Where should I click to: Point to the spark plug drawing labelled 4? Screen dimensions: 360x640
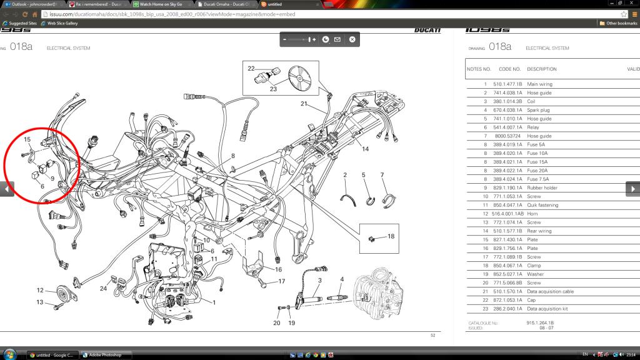[x=337, y=299]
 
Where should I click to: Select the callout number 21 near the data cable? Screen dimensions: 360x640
[x=304, y=104]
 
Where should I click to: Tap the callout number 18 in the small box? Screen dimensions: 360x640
[x=391, y=236]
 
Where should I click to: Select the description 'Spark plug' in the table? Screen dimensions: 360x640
[x=539, y=110]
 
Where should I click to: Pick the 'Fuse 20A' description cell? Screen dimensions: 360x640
[x=538, y=171]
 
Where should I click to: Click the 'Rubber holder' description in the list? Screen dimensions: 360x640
[x=543, y=187]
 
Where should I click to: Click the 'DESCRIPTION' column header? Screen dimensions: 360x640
[x=541, y=69]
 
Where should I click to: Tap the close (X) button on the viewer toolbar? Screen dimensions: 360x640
[x=352, y=39]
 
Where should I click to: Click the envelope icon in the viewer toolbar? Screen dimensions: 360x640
[x=337, y=39]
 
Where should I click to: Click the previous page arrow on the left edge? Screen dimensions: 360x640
[x=7, y=189]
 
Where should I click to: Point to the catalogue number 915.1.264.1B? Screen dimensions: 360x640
[x=541, y=323]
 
